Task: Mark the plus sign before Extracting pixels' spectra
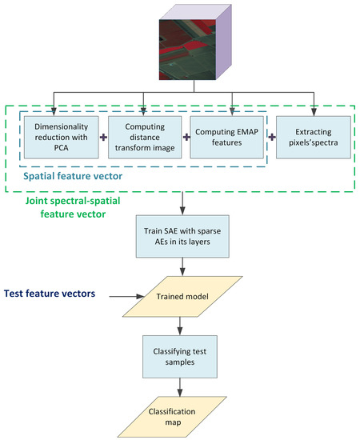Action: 272,137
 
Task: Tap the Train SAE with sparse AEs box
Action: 183,236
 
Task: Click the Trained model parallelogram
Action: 183,298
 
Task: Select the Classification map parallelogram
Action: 183,416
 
